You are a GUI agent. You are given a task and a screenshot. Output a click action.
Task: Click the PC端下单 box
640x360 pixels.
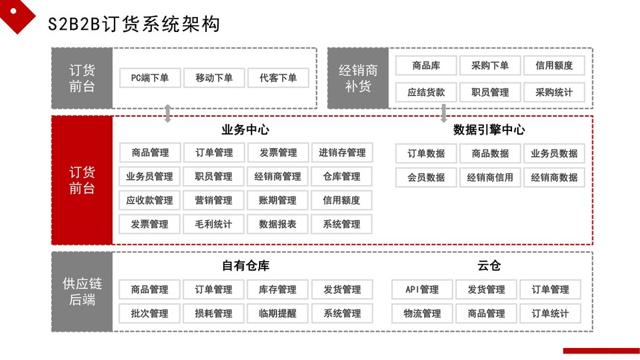(x=150, y=77)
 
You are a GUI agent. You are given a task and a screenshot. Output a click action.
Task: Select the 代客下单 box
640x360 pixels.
(x=278, y=77)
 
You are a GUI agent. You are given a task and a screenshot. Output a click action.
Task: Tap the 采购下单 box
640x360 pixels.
(x=490, y=65)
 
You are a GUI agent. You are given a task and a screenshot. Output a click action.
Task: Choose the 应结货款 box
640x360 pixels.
(x=426, y=92)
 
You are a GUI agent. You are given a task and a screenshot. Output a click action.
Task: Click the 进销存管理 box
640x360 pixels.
(x=342, y=152)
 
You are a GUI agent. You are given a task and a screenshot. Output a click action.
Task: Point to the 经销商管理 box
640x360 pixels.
(x=278, y=176)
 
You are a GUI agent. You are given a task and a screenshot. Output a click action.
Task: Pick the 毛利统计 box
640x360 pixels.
(x=214, y=224)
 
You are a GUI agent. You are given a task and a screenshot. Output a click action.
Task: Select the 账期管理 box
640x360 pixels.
(x=278, y=200)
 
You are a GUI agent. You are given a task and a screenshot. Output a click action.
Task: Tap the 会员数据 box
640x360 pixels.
(x=426, y=178)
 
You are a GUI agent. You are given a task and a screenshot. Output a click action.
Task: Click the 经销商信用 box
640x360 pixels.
(x=490, y=178)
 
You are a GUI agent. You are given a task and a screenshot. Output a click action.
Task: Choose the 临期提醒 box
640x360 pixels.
(x=278, y=313)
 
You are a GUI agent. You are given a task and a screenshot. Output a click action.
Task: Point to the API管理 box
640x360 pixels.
(x=422, y=289)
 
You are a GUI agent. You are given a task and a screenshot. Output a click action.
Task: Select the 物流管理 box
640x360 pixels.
(x=422, y=313)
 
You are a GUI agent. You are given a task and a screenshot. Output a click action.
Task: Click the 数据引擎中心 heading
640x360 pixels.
(x=489, y=130)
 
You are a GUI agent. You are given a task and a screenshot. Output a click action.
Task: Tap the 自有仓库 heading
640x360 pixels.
(x=246, y=266)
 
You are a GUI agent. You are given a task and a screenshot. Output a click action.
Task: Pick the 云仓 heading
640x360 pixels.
(x=489, y=266)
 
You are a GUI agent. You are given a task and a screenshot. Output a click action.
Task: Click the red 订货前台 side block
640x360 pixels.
(x=82, y=180)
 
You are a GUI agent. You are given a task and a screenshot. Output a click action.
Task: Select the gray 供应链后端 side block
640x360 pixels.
(x=82, y=292)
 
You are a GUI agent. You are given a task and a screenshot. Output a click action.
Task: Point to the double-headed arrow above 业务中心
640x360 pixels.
(x=167, y=114)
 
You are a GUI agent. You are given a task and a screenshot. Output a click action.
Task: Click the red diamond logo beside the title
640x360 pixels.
(x=16, y=13)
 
